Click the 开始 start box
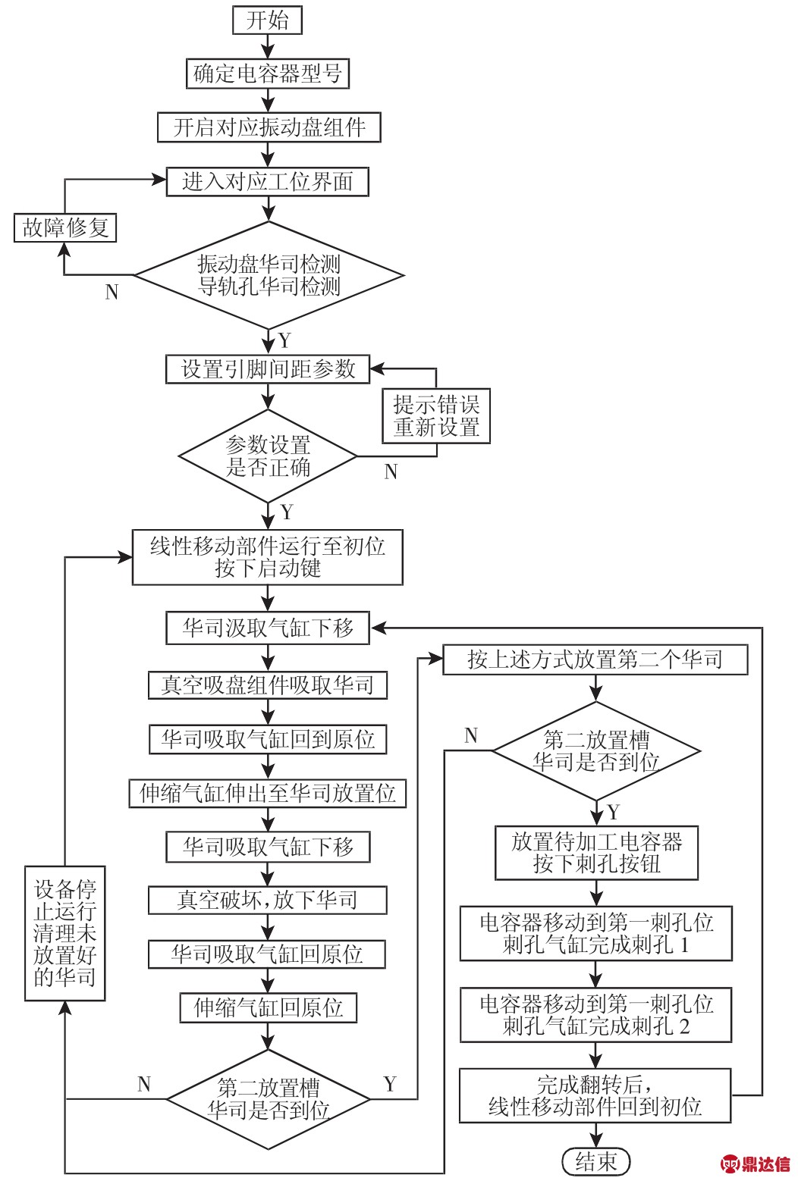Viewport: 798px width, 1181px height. (267, 20)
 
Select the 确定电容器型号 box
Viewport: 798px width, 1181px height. (268, 74)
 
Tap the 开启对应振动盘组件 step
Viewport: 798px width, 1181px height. (269, 127)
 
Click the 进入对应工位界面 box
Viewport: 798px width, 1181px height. (268, 181)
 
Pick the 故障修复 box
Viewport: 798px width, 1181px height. (65, 227)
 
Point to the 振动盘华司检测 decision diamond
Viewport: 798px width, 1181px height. (269, 275)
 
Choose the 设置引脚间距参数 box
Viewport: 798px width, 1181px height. (268, 369)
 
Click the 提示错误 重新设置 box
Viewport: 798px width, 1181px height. (436, 415)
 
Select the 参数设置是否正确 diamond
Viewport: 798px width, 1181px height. (268, 456)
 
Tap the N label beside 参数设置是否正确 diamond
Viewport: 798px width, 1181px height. (391, 472)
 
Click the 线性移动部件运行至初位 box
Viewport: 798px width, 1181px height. (267, 557)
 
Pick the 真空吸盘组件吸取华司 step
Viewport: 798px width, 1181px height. (268, 685)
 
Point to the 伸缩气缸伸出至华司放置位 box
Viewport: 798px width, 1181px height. (268, 794)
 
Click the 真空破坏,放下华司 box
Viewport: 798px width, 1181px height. (268, 900)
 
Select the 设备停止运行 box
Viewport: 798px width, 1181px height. (65, 933)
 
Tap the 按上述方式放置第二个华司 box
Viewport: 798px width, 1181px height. (595, 659)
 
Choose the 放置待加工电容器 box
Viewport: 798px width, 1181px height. (596, 853)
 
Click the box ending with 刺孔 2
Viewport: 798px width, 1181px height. (596, 1015)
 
